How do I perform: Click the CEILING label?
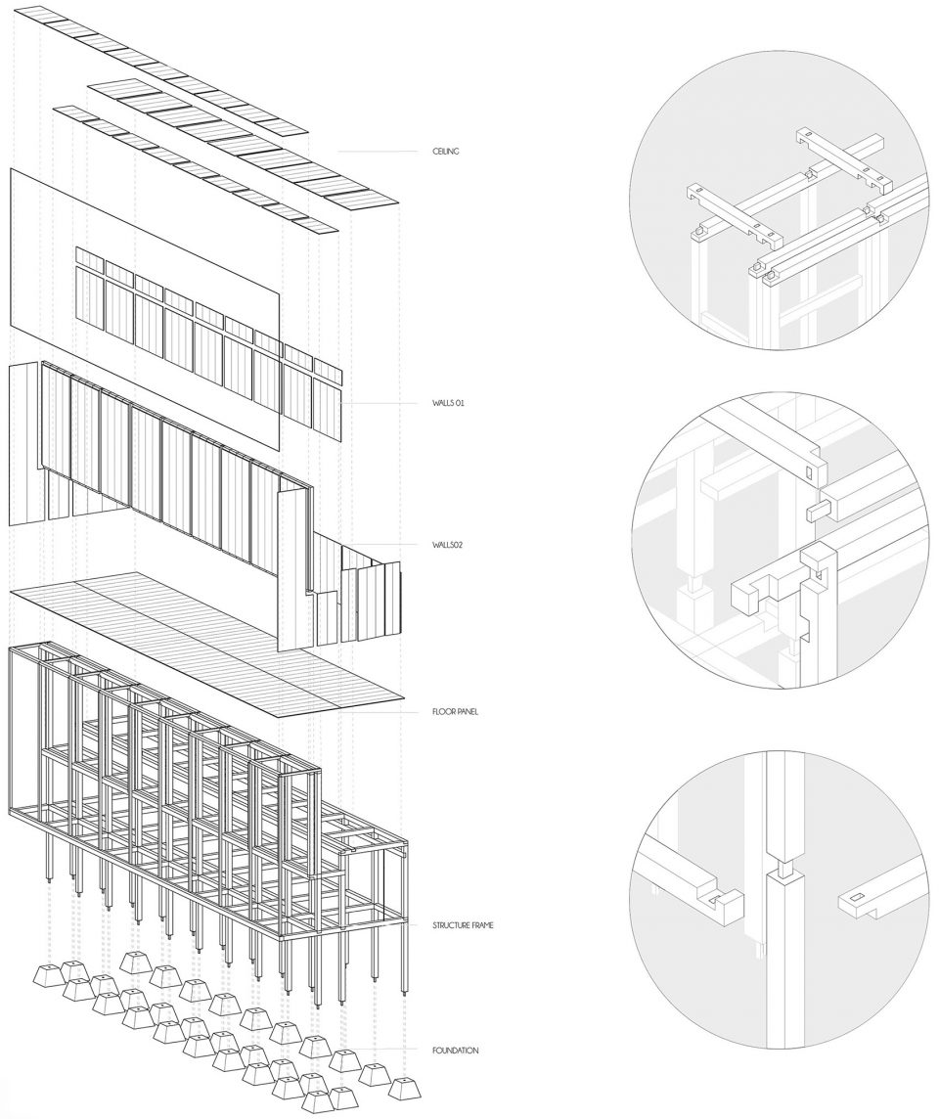pos(445,151)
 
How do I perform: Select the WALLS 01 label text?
pos(447,403)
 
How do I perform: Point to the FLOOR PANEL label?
pos(455,711)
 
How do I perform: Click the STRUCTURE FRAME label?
pos(463,925)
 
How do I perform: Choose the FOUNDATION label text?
pos(455,1051)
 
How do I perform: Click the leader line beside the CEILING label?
pos(379,152)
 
